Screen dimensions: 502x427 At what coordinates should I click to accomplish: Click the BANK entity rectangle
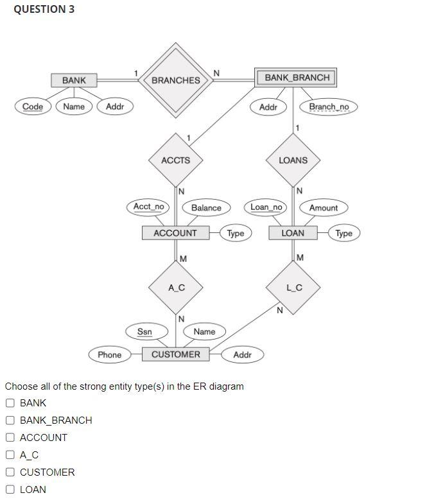(74, 80)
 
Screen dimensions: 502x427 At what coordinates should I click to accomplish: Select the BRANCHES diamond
(175, 80)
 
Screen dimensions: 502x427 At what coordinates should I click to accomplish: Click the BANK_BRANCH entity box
(297, 78)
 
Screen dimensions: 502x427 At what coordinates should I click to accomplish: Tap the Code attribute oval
(33, 107)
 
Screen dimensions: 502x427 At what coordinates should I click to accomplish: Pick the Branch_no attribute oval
(329, 107)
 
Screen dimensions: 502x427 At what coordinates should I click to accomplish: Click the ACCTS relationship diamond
(175, 160)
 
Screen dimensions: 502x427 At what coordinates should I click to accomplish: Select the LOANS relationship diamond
(293, 160)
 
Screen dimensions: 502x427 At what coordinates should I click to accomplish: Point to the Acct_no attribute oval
(149, 207)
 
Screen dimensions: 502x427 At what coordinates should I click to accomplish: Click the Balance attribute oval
(206, 207)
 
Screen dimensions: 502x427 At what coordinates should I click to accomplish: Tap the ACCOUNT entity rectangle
(175, 233)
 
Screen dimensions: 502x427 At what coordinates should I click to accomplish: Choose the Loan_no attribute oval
(266, 207)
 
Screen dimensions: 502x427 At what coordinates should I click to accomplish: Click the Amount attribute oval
(323, 207)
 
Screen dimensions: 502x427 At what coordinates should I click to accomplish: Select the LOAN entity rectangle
(293, 233)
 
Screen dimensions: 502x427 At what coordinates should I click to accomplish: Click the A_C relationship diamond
(176, 288)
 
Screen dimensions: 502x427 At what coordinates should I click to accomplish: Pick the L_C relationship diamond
(293, 288)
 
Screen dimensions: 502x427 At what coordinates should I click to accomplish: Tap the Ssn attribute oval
(145, 331)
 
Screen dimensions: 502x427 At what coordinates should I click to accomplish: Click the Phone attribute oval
(109, 354)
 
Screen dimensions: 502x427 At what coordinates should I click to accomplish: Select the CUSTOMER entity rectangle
(175, 354)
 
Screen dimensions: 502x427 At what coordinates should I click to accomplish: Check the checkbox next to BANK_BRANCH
(10, 420)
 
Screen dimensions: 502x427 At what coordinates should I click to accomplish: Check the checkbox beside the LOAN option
(10, 489)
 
